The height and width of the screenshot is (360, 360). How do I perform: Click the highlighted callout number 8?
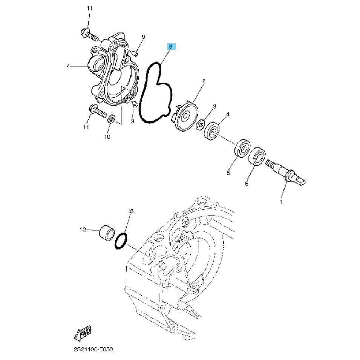click(x=170, y=47)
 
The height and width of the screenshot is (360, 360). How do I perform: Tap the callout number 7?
click(x=67, y=66)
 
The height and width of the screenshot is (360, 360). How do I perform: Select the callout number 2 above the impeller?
click(x=204, y=81)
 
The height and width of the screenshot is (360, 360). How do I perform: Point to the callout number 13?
click(x=131, y=211)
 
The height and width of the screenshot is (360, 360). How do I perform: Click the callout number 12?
click(x=83, y=229)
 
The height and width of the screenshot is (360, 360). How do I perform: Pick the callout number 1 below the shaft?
click(x=280, y=202)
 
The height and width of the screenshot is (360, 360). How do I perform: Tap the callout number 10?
click(x=107, y=137)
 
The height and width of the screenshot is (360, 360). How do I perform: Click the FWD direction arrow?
click(x=83, y=333)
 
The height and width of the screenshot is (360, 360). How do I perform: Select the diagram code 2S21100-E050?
click(x=93, y=349)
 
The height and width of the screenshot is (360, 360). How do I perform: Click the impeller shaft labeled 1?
click(x=285, y=172)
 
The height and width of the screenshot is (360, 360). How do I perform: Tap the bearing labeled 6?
click(x=257, y=156)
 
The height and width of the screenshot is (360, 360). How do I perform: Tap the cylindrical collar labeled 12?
click(x=106, y=233)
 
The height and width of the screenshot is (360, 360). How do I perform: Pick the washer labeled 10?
click(x=112, y=119)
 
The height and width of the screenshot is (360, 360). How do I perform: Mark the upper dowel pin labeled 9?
click(x=135, y=54)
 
